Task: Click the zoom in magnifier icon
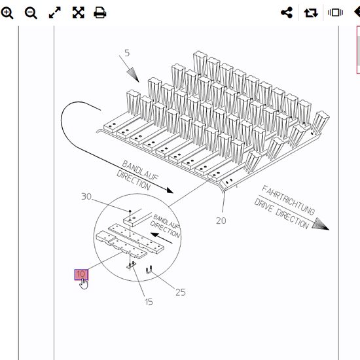pos(7,12)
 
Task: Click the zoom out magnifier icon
pos(31,12)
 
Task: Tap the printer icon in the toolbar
pos(100,12)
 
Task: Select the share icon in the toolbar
pos(287,12)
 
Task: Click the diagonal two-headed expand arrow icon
pos(55,12)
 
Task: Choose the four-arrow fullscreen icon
pos(79,12)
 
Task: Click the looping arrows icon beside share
pos(311,12)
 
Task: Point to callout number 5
pos(127,53)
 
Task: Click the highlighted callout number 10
pos(81,274)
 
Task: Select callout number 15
pos(149,302)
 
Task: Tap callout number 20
pos(221,221)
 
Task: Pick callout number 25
pos(181,293)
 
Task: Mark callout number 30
pos(86,196)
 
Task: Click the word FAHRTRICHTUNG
pos(288,200)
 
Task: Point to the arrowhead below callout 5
pos(133,75)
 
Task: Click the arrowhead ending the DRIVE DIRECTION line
pos(320,224)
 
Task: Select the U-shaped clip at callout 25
pos(149,270)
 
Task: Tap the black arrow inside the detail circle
pos(162,238)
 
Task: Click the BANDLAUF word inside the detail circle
pos(166,222)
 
